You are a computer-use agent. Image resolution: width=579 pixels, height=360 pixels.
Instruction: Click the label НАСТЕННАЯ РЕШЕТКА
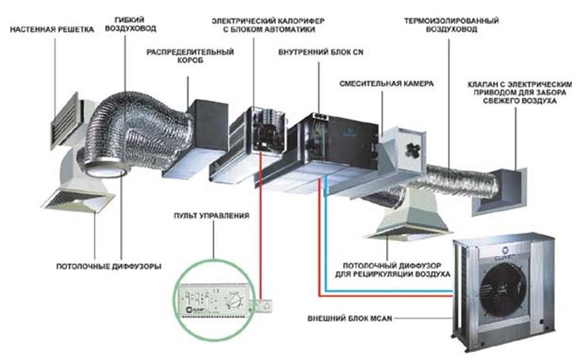(52, 29)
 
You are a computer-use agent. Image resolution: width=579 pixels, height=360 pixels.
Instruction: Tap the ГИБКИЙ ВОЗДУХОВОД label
(131, 24)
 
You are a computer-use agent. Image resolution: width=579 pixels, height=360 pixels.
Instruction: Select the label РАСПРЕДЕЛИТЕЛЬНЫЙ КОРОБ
(190, 56)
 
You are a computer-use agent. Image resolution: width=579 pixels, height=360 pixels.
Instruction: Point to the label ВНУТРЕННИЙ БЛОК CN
(320, 52)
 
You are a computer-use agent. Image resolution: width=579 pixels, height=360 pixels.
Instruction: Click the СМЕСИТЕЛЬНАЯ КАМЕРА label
(386, 84)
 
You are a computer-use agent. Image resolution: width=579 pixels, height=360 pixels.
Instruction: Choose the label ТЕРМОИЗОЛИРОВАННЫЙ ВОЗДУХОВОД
(451, 25)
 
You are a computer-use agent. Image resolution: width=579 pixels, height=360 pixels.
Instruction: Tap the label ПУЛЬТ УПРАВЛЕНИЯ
(211, 215)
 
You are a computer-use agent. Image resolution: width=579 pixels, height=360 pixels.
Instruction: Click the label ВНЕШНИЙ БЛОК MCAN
(350, 318)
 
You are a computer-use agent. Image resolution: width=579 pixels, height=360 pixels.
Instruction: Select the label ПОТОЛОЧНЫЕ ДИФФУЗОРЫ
(108, 266)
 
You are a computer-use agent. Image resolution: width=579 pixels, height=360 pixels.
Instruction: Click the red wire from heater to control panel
(261, 226)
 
